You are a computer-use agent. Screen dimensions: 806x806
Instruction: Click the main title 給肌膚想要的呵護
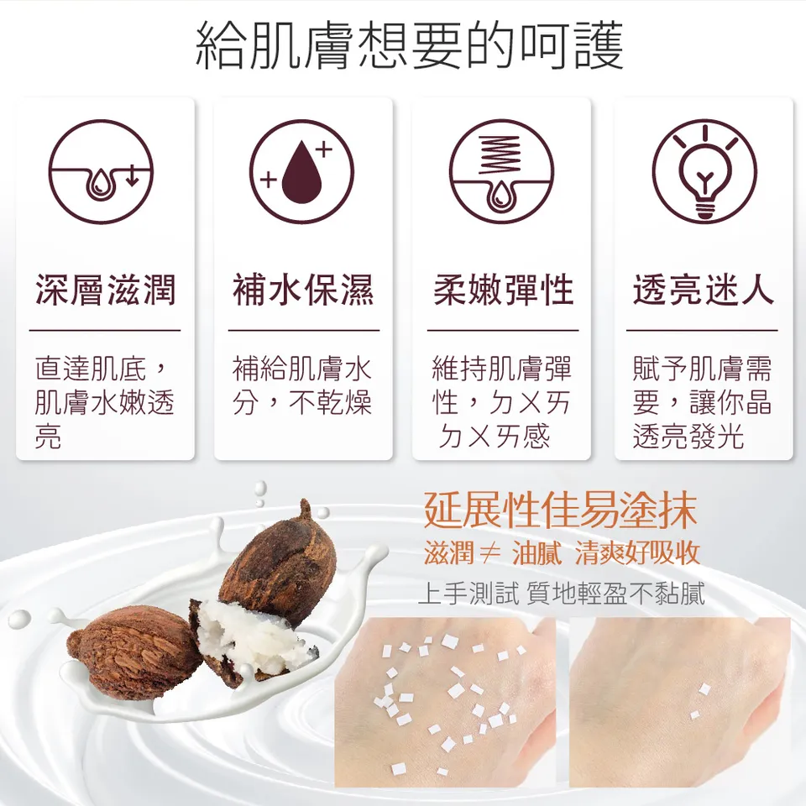click(x=410, y=47)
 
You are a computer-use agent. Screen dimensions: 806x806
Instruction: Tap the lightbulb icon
click(x=704, y=172)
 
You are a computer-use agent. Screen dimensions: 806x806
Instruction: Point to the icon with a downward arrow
click(x=101, y=172)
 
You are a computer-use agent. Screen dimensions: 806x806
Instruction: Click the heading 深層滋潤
click(x=105, y=290)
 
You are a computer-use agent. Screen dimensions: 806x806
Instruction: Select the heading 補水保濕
click(x=303, y=290)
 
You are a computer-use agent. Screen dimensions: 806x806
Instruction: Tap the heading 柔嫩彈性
click(x=502, y=290)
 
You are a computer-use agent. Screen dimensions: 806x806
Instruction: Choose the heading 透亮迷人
click(x=704, y=290)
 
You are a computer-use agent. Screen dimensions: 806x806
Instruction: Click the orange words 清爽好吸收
click(x=638, y=553)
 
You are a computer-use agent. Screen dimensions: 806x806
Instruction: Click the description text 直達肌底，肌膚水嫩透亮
click(x=105, y=402)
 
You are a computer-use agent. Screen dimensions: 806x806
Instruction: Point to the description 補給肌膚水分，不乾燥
click(x=303, y=385)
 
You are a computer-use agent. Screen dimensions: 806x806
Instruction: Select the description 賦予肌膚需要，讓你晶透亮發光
click(x=704, y=402)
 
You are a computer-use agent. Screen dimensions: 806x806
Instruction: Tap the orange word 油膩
click(x=536, y=553)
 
